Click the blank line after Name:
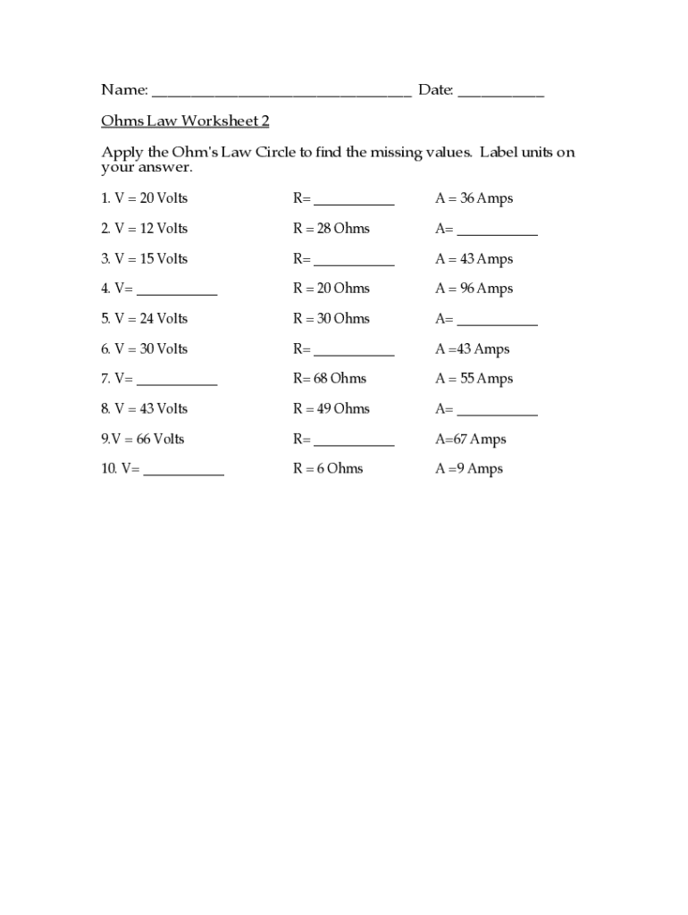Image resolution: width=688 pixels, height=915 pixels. (281, 91)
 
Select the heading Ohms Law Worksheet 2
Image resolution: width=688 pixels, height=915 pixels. (185, 121)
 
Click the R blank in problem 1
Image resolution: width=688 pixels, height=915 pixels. (354, 201)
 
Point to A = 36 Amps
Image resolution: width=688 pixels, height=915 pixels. (474, 198)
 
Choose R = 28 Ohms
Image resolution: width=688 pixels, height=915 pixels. (331, 229)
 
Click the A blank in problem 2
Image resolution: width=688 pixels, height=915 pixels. (497, 231)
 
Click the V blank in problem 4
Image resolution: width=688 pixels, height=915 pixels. (176, 291)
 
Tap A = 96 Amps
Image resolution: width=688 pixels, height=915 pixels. (474, 289)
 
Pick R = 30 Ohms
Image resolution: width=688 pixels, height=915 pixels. (331, 319)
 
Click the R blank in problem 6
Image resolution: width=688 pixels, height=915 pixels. (354, 352)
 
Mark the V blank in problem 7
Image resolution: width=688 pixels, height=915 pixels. (176, 382)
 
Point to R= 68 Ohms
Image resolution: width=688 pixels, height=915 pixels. (329, 379)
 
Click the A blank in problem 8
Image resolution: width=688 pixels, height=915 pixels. (497, 412)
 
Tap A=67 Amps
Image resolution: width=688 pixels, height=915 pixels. (470, 439)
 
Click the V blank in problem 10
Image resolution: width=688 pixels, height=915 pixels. (183, 472)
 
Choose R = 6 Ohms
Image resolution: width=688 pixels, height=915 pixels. (328, 469)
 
